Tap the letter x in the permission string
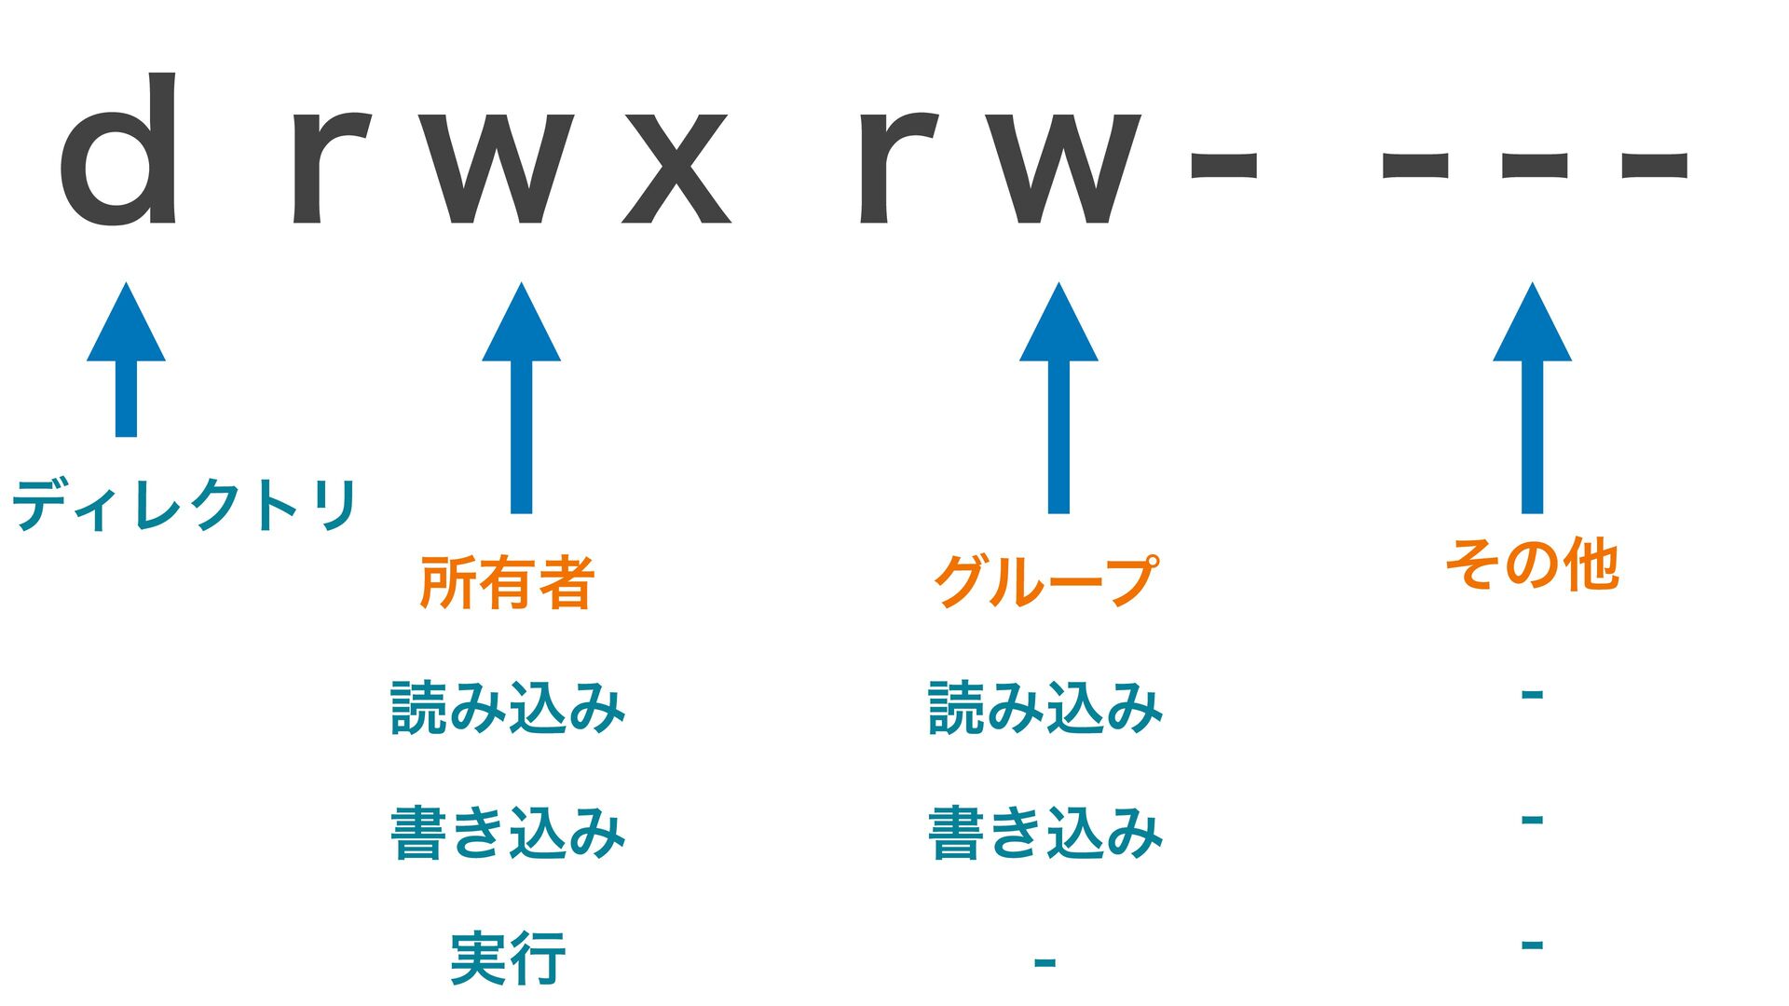(x=676, y=169)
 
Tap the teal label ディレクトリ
(x=184, y=505)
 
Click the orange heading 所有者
(x=507, y=583)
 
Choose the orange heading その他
(x=1532, y=564)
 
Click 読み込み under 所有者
(x=507, y=708)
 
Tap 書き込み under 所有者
(x=507, y=833)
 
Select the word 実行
(x=507, y=958)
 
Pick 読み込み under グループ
(x=1045, y=708)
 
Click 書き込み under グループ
(x=1045, y=833)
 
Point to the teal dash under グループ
(x=1045, y=961)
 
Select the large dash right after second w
(x=1223, y=165)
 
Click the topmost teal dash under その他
(x=1532, y=694)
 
